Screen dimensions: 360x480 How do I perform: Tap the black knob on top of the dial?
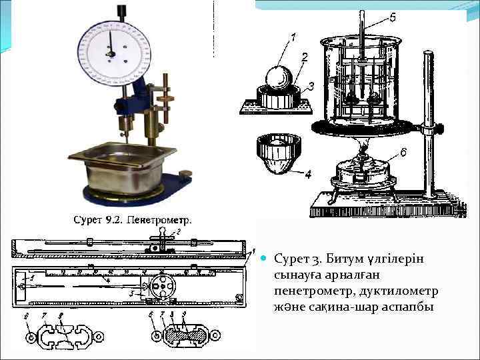(122, 11)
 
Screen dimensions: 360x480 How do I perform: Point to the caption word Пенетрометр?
(159, 219)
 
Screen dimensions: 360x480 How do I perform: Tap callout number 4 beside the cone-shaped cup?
(307, 176)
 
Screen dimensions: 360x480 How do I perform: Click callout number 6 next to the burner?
(403, 153)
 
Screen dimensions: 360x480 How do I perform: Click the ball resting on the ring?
(275, 79)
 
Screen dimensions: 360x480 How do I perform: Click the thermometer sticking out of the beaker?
(361, 40)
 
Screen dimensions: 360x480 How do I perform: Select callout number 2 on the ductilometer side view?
(177, 232)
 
